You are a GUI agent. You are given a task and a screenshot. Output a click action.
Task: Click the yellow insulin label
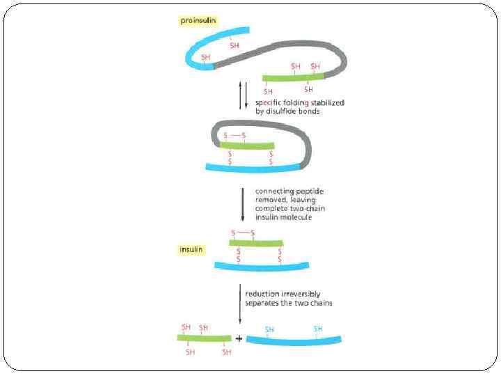click(x=191, y=249)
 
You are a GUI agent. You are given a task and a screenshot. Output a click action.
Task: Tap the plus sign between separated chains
click(x=239, y=339)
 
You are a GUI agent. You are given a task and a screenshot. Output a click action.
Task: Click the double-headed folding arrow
click(x=243, y=95)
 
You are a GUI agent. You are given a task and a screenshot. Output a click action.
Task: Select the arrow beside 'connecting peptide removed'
click(x=243, y=203)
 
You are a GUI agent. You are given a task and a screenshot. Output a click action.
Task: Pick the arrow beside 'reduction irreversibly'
click(x=240, y=302)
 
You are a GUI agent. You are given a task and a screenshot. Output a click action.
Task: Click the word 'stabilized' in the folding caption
click(x=327, y=102)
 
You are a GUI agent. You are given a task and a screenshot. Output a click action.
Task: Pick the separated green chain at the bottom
click(x=204, y=338)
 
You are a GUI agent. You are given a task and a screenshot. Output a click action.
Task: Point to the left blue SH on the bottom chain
click(x=269, y=329)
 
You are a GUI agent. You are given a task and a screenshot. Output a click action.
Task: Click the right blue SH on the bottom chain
click(x=318, y=329)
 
